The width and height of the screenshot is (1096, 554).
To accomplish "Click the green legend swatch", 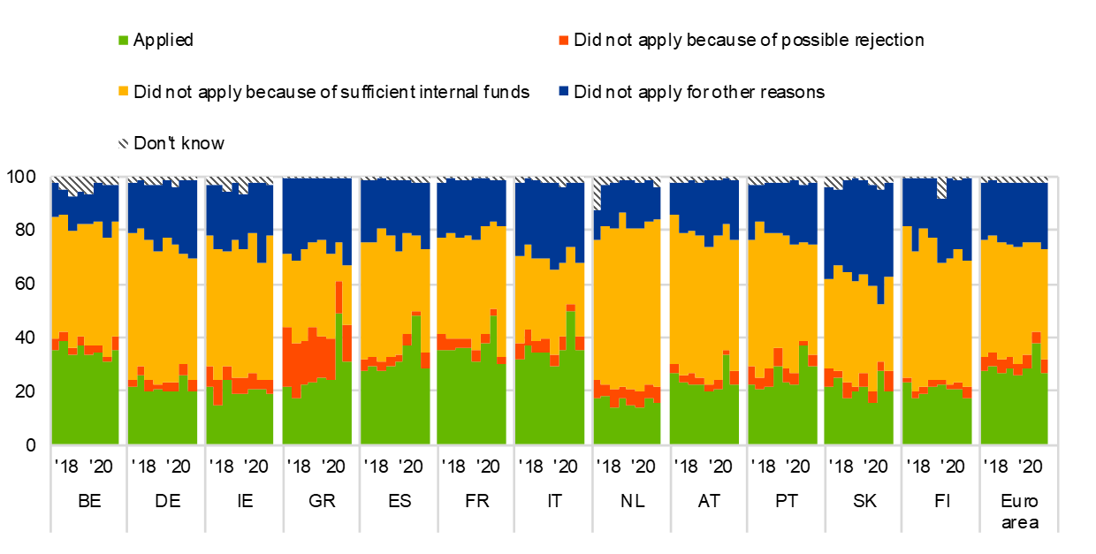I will (123, 41).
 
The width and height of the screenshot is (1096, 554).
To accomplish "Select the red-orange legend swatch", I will (563, 41).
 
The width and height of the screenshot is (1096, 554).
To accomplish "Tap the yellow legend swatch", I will (123, 91).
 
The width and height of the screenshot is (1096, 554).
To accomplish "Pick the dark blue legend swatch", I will (563, 91).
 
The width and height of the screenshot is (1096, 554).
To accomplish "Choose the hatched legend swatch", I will (123, 143).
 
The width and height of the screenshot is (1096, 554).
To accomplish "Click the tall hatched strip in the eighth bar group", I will (597, 194).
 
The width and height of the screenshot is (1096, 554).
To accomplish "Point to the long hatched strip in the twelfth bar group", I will (941, 187).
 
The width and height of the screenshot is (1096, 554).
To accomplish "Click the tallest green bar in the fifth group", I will (415, 380).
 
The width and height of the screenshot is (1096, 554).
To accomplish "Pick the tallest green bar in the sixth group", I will (493, 380).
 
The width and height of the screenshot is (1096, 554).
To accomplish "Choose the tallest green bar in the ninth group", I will (726, 398).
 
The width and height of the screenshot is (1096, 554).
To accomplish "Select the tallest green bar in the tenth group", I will (803, 394).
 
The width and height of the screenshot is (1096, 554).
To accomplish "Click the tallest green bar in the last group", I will (1036, 393).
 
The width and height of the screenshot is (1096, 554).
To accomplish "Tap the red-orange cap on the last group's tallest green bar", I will (1036, 338).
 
